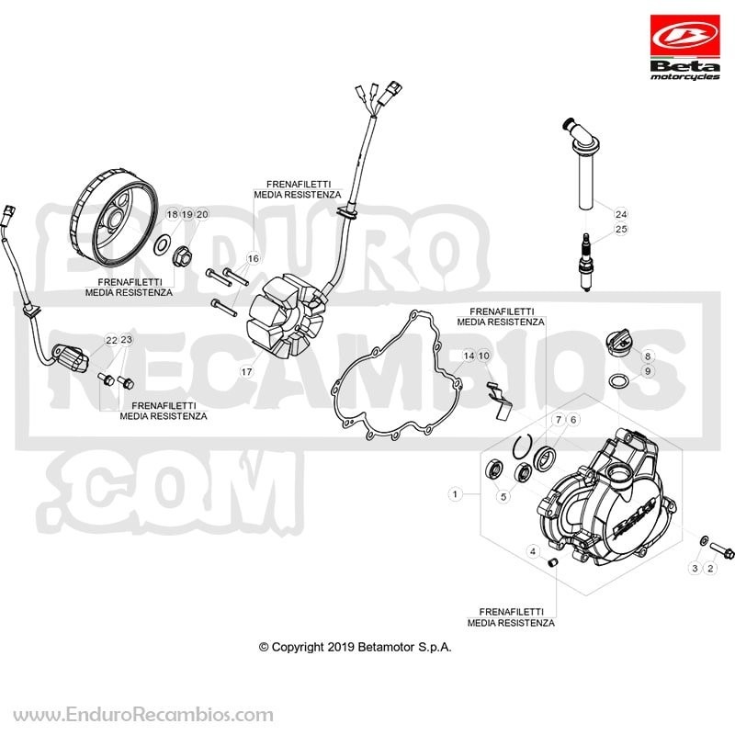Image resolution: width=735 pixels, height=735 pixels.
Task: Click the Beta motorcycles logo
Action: pyautogui.click(x=684, y=48)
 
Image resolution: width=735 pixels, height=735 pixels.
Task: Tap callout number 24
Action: pyautogui.click(x=621, y=214)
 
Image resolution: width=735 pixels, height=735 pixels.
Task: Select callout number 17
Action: pyautogui.click(x=246, y=372)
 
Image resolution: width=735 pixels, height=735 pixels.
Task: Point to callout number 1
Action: pyautogui.click(x=455, y=494)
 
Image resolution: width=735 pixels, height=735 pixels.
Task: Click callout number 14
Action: pyautogui.click(x=469, y=356)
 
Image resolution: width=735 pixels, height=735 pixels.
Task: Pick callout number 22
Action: pyautogui.click(x=111, y=340)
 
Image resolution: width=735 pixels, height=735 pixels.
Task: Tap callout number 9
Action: pyautogui.click(x=648, y=371)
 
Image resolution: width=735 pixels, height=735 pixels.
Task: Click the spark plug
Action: pyautogui.click(x=584, y=263)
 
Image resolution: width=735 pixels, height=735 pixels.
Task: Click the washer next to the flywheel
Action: pyautogui.click(x=163, y=244)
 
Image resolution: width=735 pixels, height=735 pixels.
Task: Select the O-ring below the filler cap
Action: pyautogui.click(x=618, y=380)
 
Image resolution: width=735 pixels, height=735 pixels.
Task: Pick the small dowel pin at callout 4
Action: pyautogui.click(x=552, y=561)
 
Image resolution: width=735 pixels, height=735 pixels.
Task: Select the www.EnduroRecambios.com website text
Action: pyautogui.click(x=143, y=715)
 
